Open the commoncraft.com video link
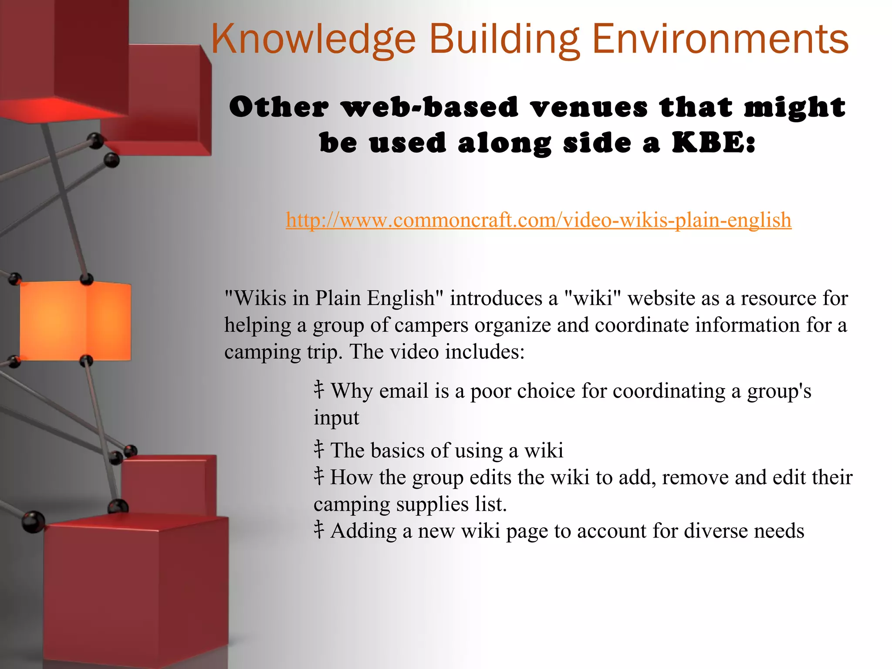(538, 220)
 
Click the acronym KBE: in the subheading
(713, 143)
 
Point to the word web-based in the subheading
(431, 107)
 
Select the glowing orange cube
(75, 321)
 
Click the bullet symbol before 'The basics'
(319, 449)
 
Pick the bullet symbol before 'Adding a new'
(319, 530)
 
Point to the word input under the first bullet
(336, 418)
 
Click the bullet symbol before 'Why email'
(319, 390)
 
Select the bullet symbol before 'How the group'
(319, 476)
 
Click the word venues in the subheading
(589, 107)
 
